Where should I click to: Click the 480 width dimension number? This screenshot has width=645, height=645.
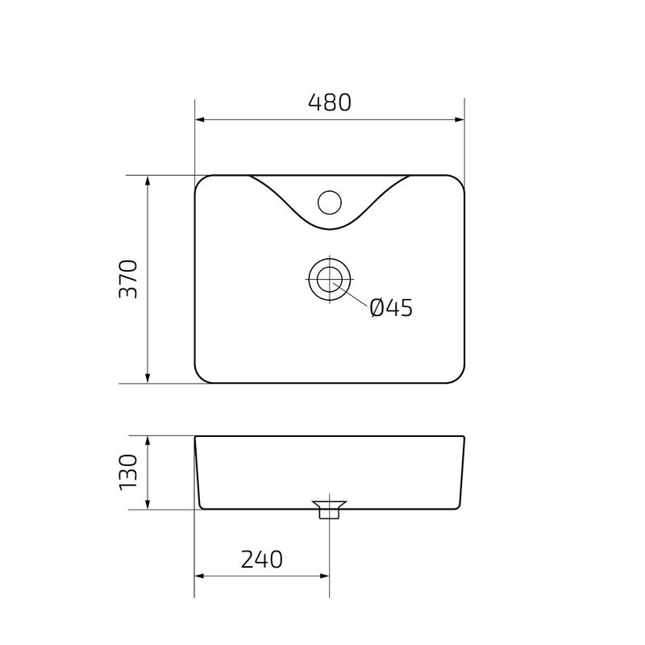click(330, 103)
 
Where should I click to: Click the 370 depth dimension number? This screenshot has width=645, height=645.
click(129, 279)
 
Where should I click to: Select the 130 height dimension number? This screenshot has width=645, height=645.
click(129, 473)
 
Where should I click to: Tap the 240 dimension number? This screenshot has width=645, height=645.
click(261, 560)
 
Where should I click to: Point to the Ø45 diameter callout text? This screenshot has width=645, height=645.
click(391, 308)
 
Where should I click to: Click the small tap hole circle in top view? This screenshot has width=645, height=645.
click(329, 201)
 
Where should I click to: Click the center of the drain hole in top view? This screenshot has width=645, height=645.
click(329, 280)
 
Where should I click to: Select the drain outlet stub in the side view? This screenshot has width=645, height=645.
click(329, 510)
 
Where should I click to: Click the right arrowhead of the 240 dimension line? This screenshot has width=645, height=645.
click(323, 576)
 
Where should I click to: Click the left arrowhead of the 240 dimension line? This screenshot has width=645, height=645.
click(201, 576)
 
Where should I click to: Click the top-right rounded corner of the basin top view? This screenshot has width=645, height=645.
click(460, 181)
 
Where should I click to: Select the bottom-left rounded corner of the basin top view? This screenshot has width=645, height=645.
click(201, 377)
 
